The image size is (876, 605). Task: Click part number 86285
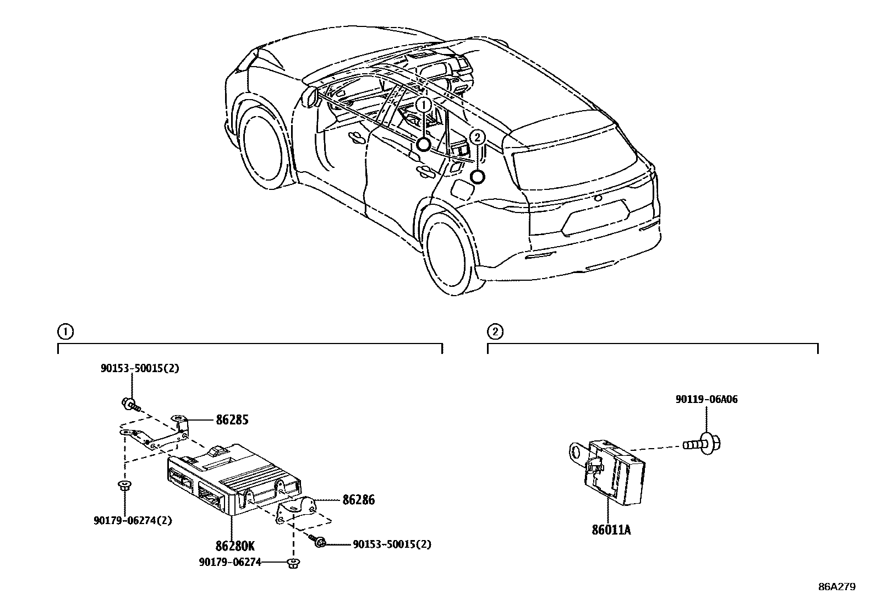click(232, 420)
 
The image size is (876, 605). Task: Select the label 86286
click(358, 500)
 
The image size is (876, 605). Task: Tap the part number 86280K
click(235, 547)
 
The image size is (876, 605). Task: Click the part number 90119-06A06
click(707, 400)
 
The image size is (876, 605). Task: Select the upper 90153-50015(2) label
click(140, 369)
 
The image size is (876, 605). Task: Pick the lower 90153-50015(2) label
click(392, 544)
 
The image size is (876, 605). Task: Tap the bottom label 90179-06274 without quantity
click(229, 562)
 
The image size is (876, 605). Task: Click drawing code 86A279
click(836, 587)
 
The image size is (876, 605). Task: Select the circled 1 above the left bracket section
click(64, 332)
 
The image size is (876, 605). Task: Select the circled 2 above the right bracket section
click(495, 332)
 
